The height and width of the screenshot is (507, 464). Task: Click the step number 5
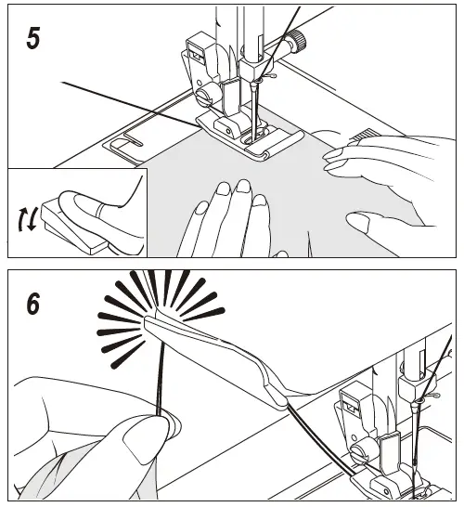(x=33, y=38)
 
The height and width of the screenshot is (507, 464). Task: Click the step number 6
(x=33, y=304)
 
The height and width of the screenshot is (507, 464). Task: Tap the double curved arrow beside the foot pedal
(x=28, y=219)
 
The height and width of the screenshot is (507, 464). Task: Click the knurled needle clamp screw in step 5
(x=297, y=40)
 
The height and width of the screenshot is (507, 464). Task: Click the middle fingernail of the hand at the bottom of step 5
(x=244, y=186)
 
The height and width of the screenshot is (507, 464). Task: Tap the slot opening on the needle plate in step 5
(x=126, y=142)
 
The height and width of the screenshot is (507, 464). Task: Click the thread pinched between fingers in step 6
(x=161, y=378)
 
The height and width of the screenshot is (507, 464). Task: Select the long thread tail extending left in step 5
(x=129, y=104)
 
